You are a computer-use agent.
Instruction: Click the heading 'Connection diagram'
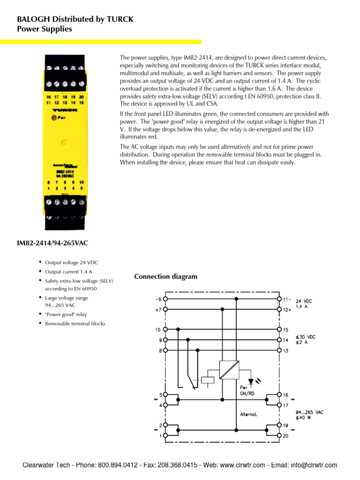165,277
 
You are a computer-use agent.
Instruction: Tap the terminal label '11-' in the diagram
287,299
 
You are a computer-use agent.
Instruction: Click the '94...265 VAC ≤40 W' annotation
309,415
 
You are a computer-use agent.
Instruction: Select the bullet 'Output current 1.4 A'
68,271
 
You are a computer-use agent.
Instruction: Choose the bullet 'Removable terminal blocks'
75,323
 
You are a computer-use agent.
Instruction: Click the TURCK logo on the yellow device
65,110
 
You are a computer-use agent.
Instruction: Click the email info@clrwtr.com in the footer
314,465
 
